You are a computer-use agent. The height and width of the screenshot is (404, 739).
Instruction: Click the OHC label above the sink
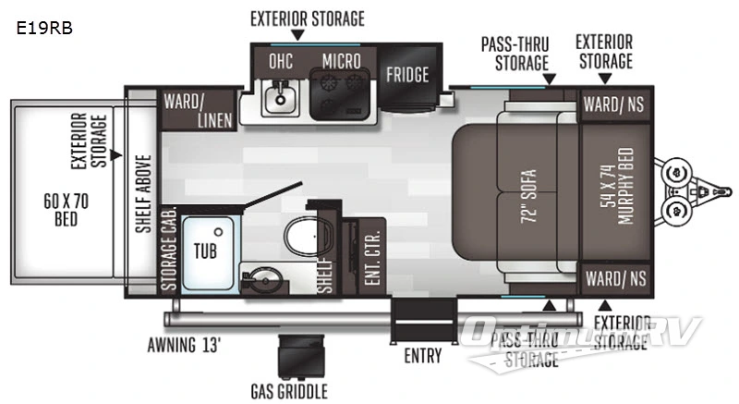point(281,62)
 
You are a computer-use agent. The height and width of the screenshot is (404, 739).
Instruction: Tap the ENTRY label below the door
point(422,356)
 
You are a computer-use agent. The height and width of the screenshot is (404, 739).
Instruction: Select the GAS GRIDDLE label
point(288,392)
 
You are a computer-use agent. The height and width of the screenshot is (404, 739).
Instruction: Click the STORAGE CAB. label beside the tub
point(169,248)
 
